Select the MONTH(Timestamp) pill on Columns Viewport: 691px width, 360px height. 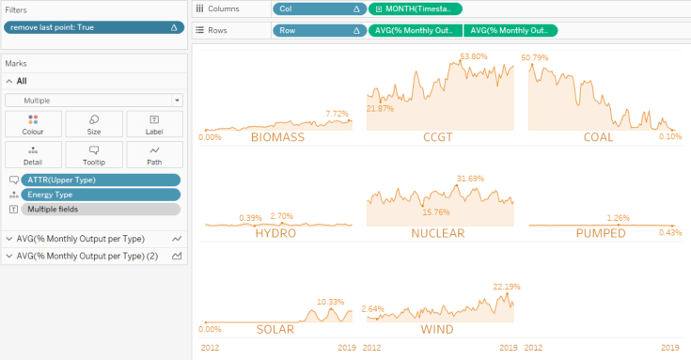[415, 8]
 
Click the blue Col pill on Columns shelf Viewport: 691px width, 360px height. [319, 8]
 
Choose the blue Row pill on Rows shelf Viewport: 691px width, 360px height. [319, 30]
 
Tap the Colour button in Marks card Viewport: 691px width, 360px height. [33, 125]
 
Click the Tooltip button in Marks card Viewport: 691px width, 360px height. [94, 155]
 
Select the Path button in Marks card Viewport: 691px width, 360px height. [154, 155]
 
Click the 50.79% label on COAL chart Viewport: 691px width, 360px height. [535, 57]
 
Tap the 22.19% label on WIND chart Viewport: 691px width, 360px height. [506, 286]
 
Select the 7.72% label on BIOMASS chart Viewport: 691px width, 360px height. [337, 114]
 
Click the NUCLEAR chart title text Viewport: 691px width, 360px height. [437, 233]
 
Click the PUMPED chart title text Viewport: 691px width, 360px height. [600, 233]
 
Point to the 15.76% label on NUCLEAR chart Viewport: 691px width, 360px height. [437, 211]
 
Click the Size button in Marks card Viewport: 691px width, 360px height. [94, 125]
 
